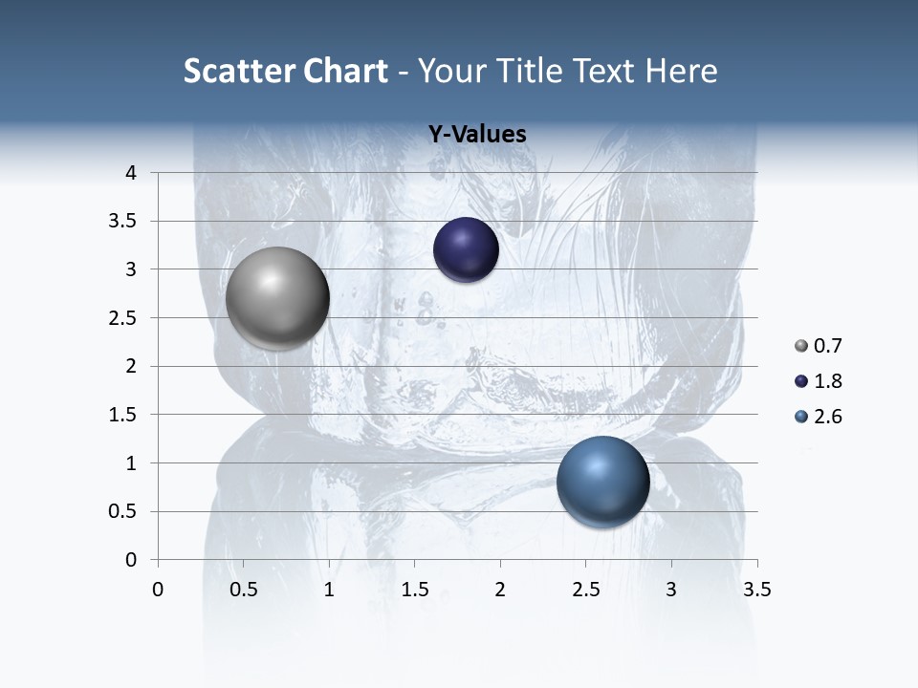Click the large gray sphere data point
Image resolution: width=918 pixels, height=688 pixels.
click(x=277, y=298)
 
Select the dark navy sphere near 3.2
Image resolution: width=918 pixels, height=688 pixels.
click(x=466, y=250)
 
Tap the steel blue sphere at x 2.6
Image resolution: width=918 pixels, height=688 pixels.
click(x=602, y=482)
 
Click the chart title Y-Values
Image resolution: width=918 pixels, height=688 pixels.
click(x=477, y=135)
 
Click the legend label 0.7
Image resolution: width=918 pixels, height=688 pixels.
click(x=828, y=346)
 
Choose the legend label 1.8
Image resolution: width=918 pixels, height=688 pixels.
click(x=828, y=381)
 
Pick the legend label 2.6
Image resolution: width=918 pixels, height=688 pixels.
click(x=828, y=417)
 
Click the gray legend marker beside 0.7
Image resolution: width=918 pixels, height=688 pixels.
click(x=801, y=346)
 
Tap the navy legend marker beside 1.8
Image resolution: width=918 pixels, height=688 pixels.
click(x=801, y=381)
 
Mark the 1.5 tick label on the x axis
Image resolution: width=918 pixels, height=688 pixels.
click(x=414, y=590)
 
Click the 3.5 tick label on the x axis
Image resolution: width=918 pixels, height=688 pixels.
click(x=756, y=590)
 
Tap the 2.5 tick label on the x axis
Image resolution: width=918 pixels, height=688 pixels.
click(x=585, y=590)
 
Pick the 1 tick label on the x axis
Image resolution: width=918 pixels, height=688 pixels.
click(x=329, y=590)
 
